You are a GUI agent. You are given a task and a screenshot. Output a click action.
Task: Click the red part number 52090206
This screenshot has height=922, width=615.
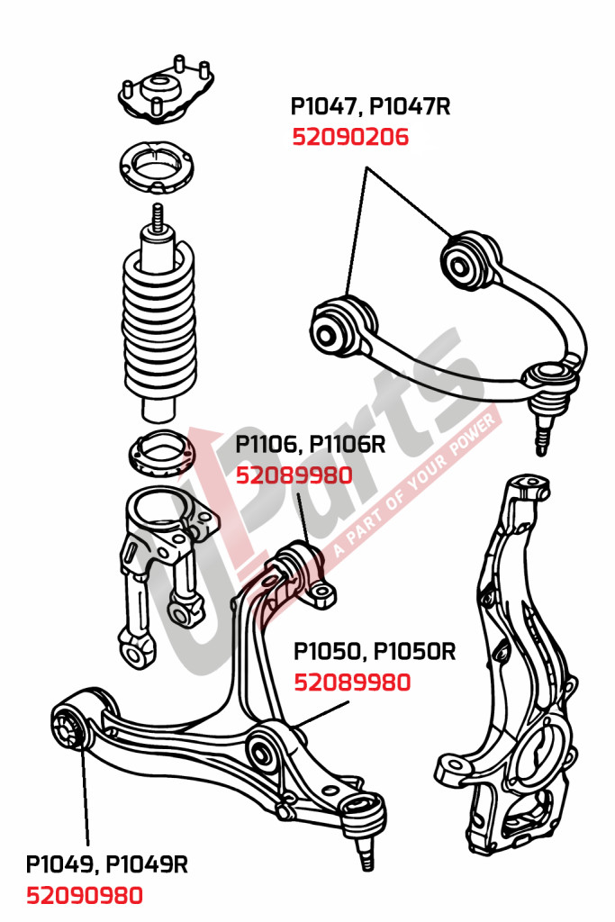tap(349, 138)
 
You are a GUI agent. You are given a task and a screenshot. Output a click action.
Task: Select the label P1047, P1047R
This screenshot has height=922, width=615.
tap(370, 107)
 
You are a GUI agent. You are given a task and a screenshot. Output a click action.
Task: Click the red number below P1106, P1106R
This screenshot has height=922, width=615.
tap(294, 475)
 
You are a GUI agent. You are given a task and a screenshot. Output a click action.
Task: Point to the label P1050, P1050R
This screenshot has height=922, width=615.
tap(375, 651)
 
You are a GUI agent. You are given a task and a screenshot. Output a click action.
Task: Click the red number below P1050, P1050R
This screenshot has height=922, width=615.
tap(352, 682)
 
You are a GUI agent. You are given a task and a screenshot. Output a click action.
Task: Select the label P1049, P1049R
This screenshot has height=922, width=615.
tap(106, 864)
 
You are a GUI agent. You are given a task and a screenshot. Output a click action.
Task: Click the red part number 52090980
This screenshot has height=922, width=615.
tap(84, 896)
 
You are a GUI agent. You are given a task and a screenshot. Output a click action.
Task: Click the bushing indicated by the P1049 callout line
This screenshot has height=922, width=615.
tap(68, 728)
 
